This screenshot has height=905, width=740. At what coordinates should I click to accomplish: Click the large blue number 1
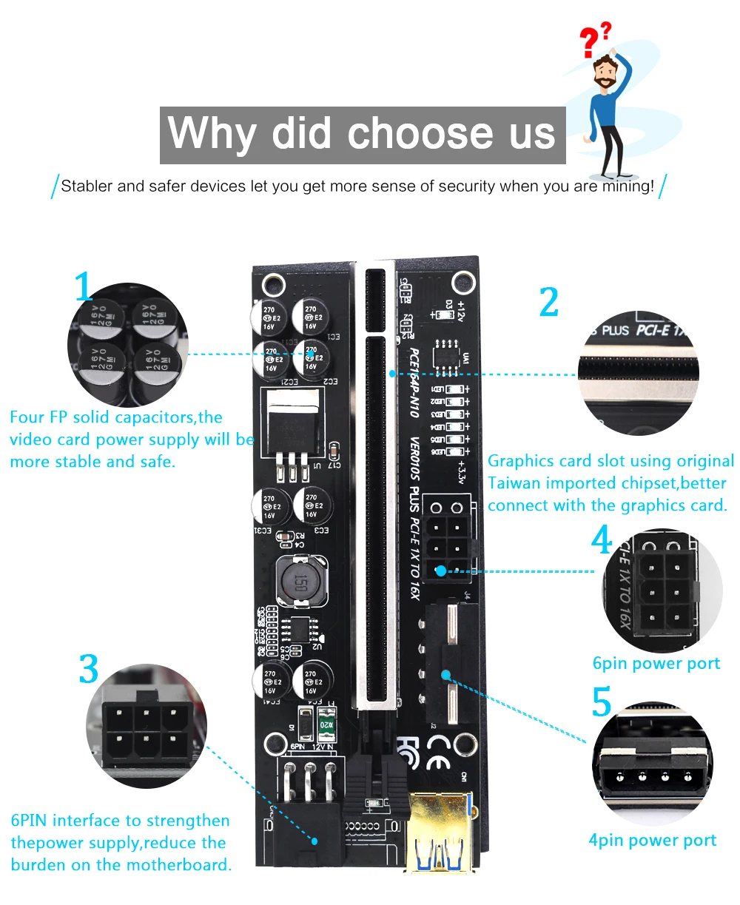84,286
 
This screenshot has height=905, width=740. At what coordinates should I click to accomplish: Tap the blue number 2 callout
548,302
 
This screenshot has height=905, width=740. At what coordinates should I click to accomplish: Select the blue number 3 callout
89,669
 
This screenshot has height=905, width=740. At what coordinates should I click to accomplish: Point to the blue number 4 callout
602,540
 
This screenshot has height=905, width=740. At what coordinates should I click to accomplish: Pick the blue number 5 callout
602,702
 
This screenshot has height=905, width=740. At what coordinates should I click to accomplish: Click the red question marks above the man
595,40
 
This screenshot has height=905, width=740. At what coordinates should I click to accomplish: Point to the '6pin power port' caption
656,664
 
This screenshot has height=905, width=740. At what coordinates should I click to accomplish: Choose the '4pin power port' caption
652,841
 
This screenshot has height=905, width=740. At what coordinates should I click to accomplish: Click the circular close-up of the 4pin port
652,767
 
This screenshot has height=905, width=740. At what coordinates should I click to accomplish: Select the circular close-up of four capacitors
127,345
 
